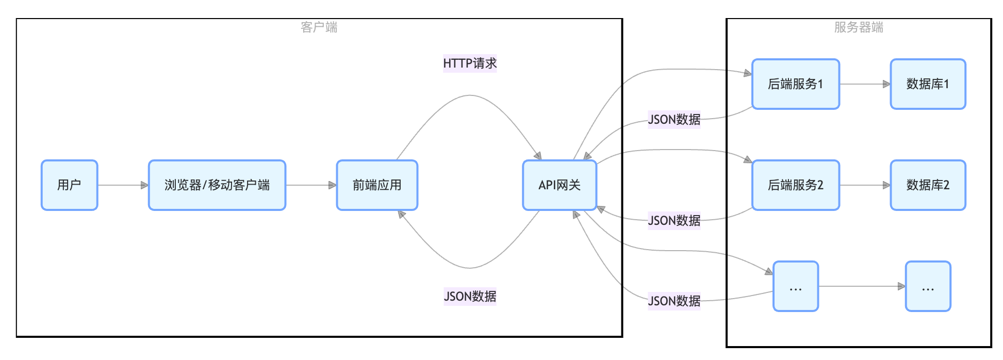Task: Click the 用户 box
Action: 69,185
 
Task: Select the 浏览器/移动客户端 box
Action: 217,185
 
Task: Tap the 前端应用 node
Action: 377,185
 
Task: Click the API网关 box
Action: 560,185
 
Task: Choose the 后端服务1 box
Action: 795,84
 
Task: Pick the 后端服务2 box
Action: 795,185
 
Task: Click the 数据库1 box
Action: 928,84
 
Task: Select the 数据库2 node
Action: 928,185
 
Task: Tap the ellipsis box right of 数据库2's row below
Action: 928,286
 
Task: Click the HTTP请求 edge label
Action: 470,63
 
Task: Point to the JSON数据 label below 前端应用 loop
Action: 470,297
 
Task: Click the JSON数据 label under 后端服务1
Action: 674,120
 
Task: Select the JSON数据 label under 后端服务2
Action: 674,221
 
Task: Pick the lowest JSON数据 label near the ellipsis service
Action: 674,301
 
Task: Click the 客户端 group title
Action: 319,27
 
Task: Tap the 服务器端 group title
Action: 859,27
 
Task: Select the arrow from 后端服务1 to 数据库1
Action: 865,84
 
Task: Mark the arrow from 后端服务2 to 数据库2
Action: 865,185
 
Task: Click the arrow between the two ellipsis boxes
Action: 862,286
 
